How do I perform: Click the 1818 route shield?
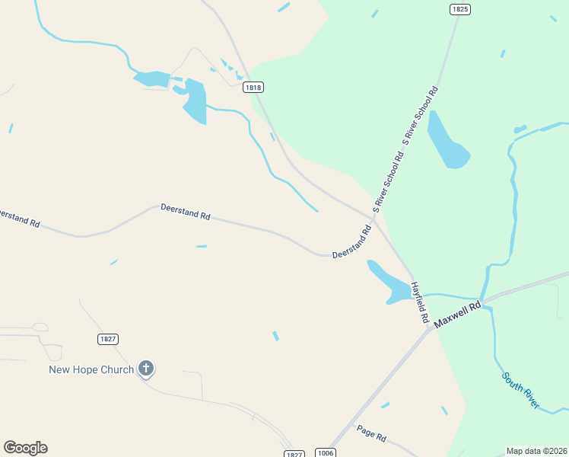(x=254, y=88)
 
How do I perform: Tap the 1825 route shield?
(x=459, y=9)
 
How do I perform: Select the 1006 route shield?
(x=325, y=452)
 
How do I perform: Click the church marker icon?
(x=146, y=369)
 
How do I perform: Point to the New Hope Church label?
(x=91, y=370)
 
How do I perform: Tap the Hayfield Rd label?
(x=420, y=302)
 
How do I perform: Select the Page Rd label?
(x=371, y=433)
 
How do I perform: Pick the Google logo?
(x=25, y=448)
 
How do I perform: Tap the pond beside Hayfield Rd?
(x=392, y=284)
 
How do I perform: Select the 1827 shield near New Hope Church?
(x=108, y=338)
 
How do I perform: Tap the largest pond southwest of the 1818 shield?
(x=194, y=101)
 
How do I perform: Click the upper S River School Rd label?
(x=421, y=116)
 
